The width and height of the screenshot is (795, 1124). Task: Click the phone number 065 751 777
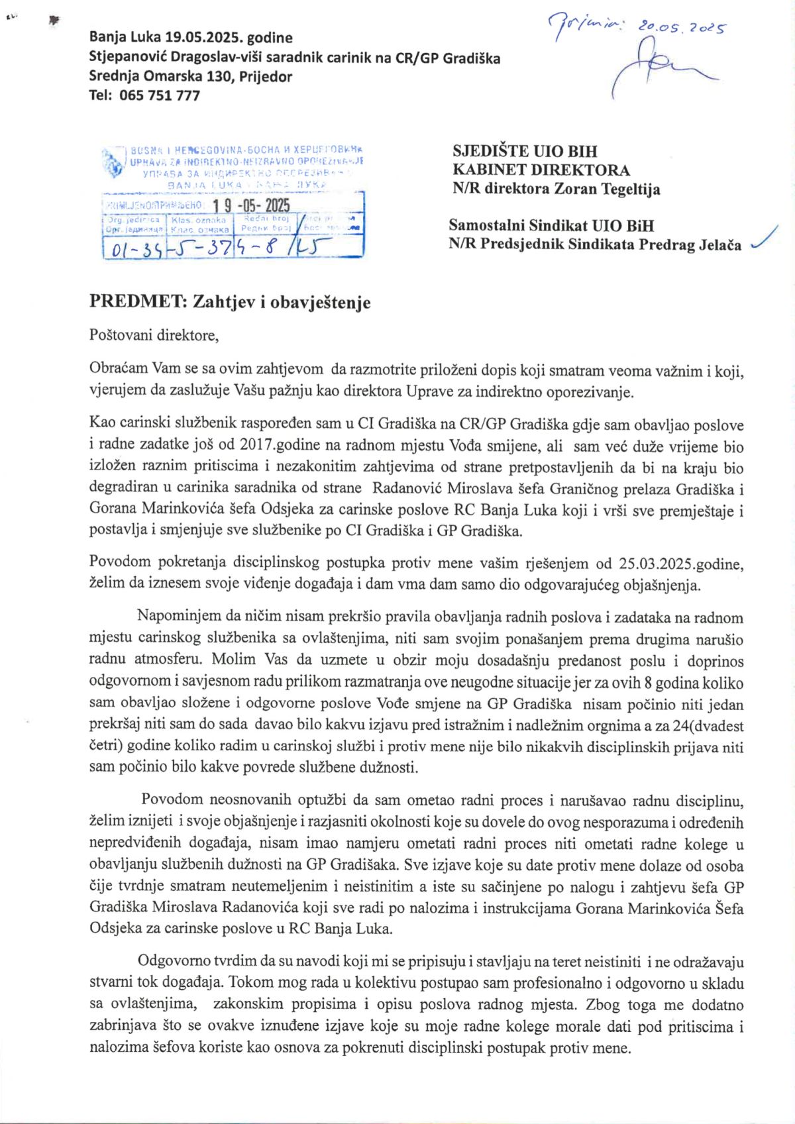coord(159,95)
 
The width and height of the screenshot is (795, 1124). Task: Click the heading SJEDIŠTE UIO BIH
coord(525,151)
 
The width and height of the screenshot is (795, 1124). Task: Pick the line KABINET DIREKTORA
coord(541,170)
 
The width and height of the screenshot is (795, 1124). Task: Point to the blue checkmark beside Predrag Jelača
coord(765,239)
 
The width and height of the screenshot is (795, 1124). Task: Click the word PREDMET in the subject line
coord(138,302)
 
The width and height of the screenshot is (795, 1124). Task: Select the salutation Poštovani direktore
coord(154,335)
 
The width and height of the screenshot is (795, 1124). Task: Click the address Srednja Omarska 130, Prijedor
coord(190,76)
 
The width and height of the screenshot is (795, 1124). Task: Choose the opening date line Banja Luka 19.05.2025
coord(190,38)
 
